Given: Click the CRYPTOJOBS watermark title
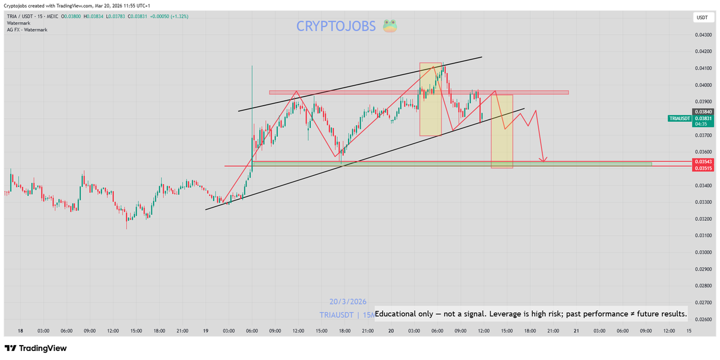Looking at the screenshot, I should [x=336, y=26].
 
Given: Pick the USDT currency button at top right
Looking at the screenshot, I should [x=701, y=18].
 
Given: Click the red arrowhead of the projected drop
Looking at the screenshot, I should [x=543, y=160].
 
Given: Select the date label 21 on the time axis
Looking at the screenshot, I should [x=576, y=331].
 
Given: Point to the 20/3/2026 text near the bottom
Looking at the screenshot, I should [x=348, y=302].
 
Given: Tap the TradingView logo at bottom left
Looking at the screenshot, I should [x=36, y=348].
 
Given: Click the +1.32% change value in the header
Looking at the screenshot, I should [x=179, y=16].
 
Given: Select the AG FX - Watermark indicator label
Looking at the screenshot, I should [x=27, y=29].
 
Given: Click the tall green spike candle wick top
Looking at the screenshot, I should [x=252, y=66].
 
